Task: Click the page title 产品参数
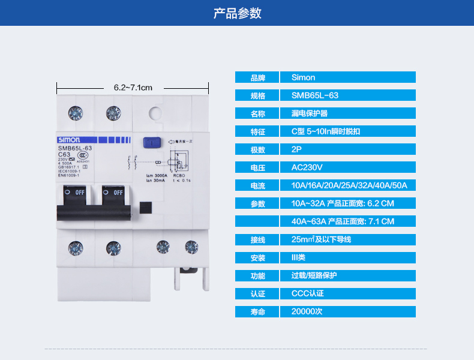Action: point(237,13)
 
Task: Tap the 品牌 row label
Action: point(257,77)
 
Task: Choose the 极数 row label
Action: point(257,149)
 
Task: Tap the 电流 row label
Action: point(257,185)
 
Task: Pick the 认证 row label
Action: point(257,293)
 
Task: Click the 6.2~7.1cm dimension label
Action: point(133,88)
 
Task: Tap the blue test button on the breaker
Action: point(150,142)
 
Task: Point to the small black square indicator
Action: point(145,207)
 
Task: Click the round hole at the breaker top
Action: point(155,112)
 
